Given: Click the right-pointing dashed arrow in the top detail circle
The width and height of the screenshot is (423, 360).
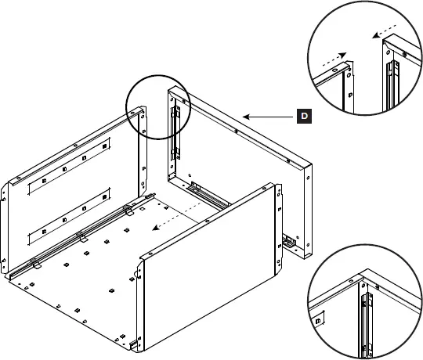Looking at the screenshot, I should click(x=332, y=59).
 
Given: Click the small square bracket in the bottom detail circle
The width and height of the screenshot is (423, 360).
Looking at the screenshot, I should click(x=319, y=322).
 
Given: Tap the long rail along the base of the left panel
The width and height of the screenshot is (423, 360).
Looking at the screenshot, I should click(x=78, y=239).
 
